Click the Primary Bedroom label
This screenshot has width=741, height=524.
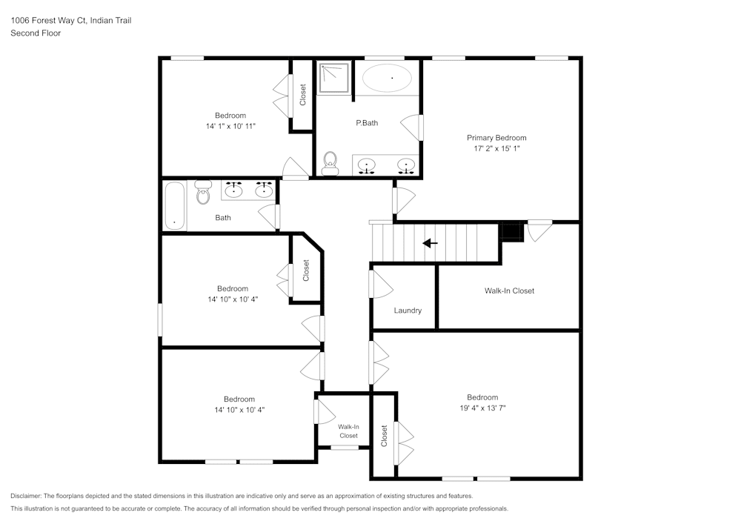pyautogui.click(x=496, y=138)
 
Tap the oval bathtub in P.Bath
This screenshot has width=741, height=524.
pyautogui.click(x=387, y=78)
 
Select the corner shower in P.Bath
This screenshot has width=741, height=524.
pyautogui.click(x=334, y=78)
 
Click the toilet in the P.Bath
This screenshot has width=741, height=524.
pyautogui.click(x=330, y=162)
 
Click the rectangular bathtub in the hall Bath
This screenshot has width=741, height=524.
pyautogui.click(x=174, y=205)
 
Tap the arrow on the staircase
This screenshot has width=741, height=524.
pyautogui.click(x=430, y=243)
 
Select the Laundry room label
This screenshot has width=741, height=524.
pyautogui.click(x=408, y=311)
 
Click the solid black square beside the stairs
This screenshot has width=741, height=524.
pyautogui.click(x=512, y=232)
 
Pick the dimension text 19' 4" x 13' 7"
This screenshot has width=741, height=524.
pyautogui.click(x=482, y=408)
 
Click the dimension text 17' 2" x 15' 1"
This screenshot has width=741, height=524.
pyautogui.click(x=496, y=148)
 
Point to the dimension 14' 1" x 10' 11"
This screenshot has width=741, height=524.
pyautogui.click(x=230, y=126)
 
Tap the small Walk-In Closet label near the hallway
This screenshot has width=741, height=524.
pyautogui.click(x=348, y=431)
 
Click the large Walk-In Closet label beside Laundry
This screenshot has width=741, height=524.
pyautogui.click(x=509, y=291)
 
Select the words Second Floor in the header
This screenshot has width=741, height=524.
pyautogui.click(x=36, y=33)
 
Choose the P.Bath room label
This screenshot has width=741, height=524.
pyautogui.click(x=367, y=123)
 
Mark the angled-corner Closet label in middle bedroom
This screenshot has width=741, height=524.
pyautogui.click(x=305, y=270)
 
